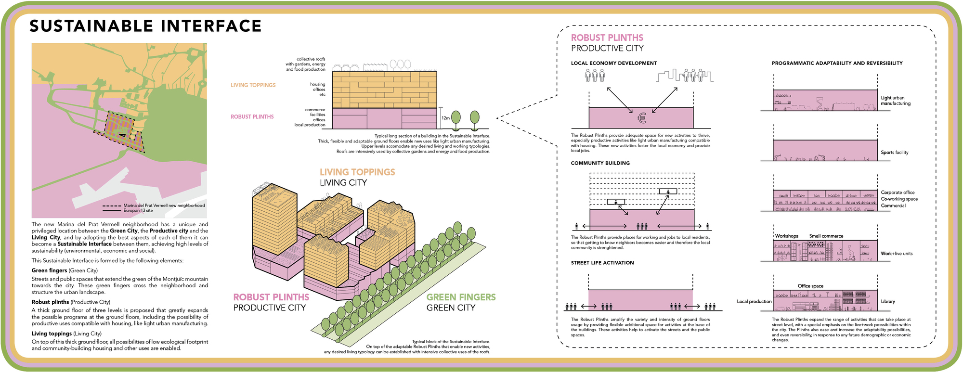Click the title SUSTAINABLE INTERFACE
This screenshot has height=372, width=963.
click(145, 26)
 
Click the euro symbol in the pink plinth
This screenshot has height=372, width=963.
click(641, 117)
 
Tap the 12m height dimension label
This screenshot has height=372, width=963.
click(445, 118)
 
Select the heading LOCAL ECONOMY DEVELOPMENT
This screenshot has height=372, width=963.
click(614, 63)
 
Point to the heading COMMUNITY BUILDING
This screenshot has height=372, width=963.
click(600, 163)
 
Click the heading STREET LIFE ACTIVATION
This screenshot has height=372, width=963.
click(602, 263)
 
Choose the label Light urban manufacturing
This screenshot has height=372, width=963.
click(896, 101)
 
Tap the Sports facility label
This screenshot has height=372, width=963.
click(895, 153)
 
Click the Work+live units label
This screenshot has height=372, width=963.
click(897, 254)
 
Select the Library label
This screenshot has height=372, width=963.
click(888, 302)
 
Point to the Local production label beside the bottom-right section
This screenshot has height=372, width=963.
click(754, 302)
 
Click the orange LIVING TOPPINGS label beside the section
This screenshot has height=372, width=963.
click(253, 85)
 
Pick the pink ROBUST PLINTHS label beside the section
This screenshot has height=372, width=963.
click(252, 117)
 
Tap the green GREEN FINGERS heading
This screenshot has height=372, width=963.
click(461, 297)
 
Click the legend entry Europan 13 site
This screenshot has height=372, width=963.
click(138, 211)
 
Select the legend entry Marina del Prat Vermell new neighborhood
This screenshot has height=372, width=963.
click(164, 205)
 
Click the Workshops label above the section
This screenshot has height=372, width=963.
click(787, 236)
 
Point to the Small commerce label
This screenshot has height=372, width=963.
click(826, 236)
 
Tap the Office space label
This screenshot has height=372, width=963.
click(810, 286)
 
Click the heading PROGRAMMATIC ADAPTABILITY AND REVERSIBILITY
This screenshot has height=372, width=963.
click(837, 63)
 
